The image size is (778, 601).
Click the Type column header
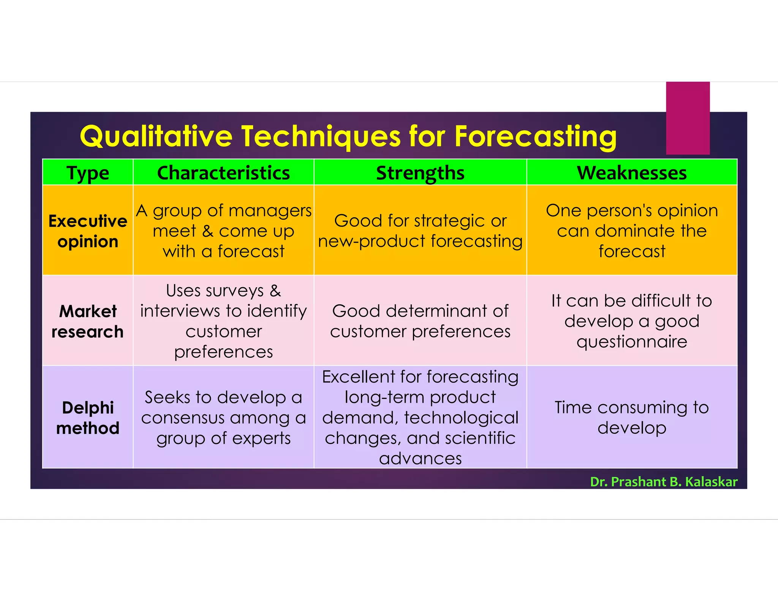point(88,173)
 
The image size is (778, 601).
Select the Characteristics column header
point(223,173)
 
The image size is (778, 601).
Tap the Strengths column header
point(420,173)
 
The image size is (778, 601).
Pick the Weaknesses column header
point(632,173)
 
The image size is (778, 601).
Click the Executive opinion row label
point(88,231)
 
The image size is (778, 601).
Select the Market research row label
point(88,321)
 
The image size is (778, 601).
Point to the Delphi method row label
point(88,418)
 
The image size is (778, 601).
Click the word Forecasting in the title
point(535,136)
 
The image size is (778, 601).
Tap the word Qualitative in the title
point(156,136)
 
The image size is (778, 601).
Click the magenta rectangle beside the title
point(688,118)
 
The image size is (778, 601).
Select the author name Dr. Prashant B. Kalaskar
point(663,481)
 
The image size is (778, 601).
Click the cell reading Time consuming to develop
point(632,418)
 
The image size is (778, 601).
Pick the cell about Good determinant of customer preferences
point(420,321)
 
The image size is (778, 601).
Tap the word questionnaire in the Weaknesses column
point(632,342)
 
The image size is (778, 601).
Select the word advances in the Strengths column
point(420,459)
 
